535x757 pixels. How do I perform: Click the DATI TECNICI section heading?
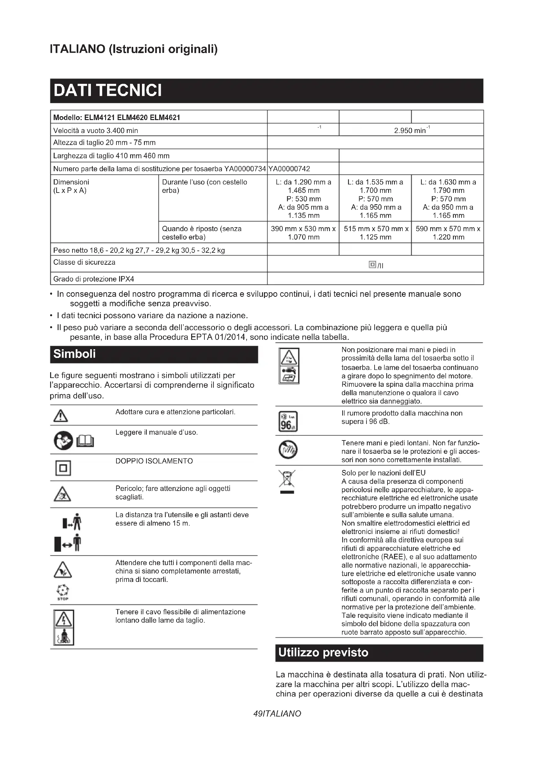(x=108, y=91)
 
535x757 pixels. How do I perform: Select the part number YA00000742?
(x=289, y=169)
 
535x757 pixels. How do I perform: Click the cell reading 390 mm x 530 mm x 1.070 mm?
(x=303, y=233)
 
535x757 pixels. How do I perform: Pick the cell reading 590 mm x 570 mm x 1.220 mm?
(x=448, y=233)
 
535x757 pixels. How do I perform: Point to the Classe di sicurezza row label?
(x=84, y=262)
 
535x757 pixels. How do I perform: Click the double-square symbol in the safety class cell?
(x=372, y=264)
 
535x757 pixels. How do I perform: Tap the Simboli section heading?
(x=74, y=354)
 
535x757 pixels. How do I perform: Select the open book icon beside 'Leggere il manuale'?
(x=85, y=441)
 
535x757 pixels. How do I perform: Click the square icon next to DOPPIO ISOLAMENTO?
(x=63, y=468)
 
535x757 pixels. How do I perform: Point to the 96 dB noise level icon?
(x=288, y=421)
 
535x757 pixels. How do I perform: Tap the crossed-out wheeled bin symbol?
(x=287, y=479)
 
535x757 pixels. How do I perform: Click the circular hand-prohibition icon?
(x=288, y=450)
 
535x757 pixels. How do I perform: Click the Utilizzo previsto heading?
(x=323, y=652)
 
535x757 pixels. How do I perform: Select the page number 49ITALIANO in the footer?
(x=277, y=714)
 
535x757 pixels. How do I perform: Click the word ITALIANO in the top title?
(x=77, y=49)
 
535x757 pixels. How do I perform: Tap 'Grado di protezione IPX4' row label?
(x=94, y=279)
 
